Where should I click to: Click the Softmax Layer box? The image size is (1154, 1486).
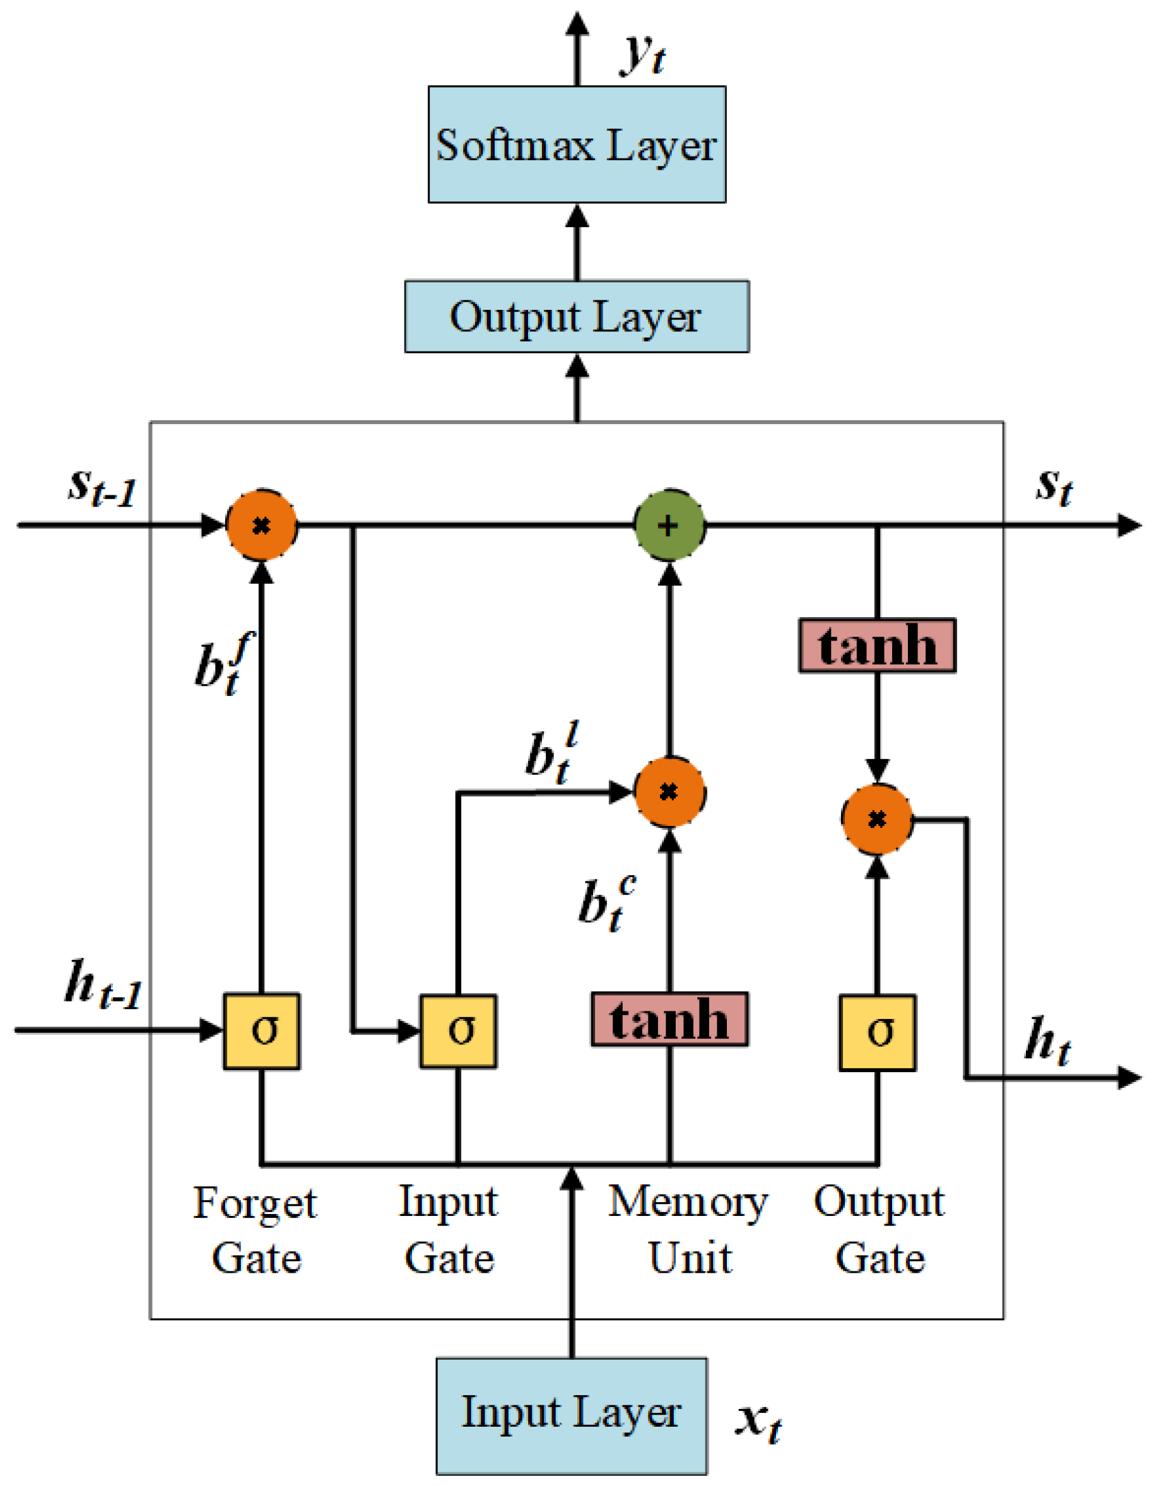coord(576,144)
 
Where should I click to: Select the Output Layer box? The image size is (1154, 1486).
coord(576,316)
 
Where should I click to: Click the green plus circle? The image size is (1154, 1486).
coord(669,525)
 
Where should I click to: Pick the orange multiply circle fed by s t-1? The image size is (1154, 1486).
coord(261,525)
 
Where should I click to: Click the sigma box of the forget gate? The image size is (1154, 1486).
coord(261,1031)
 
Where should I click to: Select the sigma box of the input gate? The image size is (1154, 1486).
coord(457,1031)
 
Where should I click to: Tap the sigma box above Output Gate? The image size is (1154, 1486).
coord(876,1032)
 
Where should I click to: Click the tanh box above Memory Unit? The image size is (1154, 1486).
coord(669,1018)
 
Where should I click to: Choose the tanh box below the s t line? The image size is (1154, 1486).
coord(876,645)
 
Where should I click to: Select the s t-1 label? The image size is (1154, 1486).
coord(102,488)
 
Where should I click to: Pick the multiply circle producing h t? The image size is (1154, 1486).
coord(876,820)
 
